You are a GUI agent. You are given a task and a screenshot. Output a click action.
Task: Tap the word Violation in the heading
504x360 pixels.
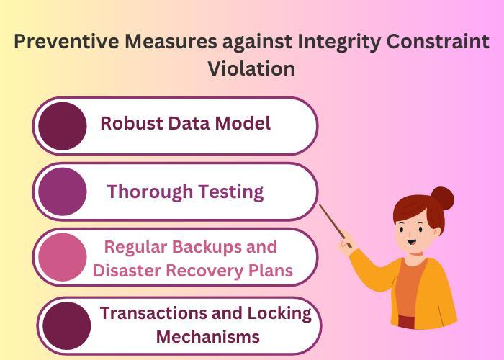tap(251, 68)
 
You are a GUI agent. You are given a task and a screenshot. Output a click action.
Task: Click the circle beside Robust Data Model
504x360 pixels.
tap(63, 126)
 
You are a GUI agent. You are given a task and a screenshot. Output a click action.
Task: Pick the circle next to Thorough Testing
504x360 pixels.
tap(63, 192)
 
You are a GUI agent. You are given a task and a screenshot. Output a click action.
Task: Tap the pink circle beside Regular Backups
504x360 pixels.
tap(63, 258)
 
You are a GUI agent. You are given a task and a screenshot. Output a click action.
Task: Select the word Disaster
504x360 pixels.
tap(130, 271)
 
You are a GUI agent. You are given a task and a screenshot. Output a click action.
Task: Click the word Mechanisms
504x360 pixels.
tap(207, 336)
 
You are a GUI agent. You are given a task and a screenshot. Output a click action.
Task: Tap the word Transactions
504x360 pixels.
tap(149, 313)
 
